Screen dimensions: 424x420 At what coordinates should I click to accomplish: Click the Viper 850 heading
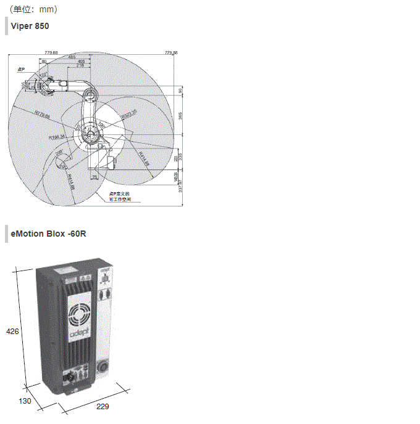pyautogui.click(x=30, y=26)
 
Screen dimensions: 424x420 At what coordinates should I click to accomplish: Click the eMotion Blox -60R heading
pyautogui.click(x=49, y=234)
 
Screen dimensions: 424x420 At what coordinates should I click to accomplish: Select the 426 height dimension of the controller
pyautogui.click(x=12, y=332)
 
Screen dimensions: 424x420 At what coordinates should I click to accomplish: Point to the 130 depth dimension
pyautogui.click(x=25, y=401)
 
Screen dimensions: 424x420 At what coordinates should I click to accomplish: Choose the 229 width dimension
pyautogui.click(x=103, y=407)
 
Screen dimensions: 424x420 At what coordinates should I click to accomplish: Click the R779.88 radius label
pyautogui.click(x=43, y=114)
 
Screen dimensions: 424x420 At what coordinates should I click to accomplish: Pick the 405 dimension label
pyautogui.click(x=82, y=62)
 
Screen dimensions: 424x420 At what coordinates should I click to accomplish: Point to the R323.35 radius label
pyautogui.click(x=128, y=113)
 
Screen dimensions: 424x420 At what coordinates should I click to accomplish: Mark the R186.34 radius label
pyautogui.click(x=57, y=137)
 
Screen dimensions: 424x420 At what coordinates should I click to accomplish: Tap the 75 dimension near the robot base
pyautogui.click(x=94, y=177)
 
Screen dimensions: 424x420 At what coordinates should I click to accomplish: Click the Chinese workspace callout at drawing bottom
pyautogui.click(x=121, y=196)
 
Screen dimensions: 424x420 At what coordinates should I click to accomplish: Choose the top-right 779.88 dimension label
pyautogui.click(x=171, y=54)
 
